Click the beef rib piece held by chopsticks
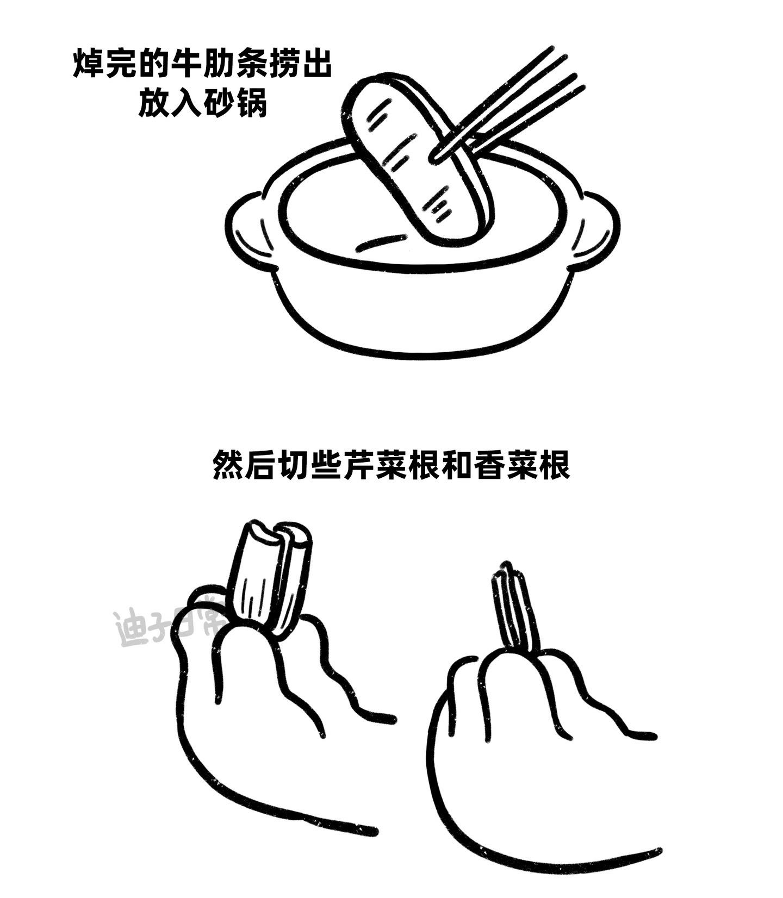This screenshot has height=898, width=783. pyautogui.click(x=416, y=163)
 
